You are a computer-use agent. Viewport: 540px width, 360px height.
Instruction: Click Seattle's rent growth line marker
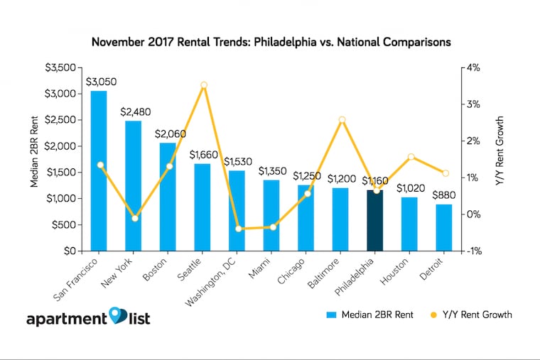click(204, 85)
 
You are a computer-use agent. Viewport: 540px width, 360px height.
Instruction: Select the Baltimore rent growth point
click(342, 120)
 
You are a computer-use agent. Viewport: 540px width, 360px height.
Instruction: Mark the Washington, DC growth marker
click(239, 229)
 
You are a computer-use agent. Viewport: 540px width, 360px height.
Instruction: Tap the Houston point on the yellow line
click(411, 157)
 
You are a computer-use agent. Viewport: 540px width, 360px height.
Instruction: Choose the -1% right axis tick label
click(474, 251)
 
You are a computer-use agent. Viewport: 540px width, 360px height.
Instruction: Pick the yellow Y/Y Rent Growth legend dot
click(435, 314)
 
